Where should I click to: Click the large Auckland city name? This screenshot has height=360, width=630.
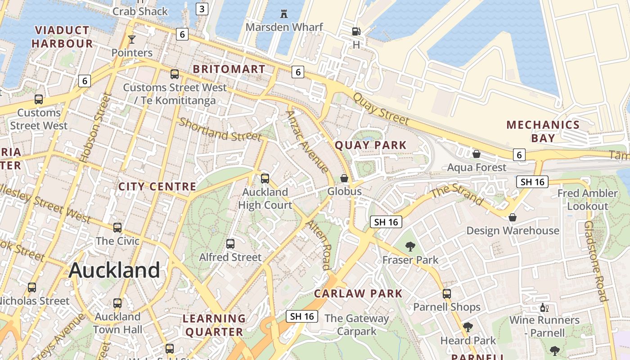[x=114, y=270]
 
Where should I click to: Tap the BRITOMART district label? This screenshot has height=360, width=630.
[x=229, y=69]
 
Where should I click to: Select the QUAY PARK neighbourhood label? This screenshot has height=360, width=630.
[x=371, y=145]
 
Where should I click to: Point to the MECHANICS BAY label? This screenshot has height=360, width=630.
[x=543, y=131]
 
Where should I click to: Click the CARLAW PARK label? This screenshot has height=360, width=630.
[x=358, y=294]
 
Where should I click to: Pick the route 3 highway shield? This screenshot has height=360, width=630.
[x=202, y=9]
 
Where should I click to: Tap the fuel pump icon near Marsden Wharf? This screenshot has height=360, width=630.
[x=356, y=31]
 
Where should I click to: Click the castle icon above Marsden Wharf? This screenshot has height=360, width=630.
[x=284, y=14]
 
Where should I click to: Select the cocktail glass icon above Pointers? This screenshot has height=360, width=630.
[x=131, y=40]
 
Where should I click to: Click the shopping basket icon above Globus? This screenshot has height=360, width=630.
[x=344, y=178]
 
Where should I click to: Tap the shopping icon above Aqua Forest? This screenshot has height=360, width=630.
[x=477, y=154]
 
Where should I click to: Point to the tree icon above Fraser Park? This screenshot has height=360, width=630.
[x=410, y=246]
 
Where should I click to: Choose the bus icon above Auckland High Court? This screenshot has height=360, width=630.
[x=265, y=179]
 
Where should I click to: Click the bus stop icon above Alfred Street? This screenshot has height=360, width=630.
[x=230, y=244]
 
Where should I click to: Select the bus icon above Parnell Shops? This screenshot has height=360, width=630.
[x=447, y=294]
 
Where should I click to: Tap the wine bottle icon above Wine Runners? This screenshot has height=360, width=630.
[x=544, y=308]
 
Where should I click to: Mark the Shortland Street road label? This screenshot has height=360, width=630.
[x=220, y=129]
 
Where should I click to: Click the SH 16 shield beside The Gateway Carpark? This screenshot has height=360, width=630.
[x=302, y=316]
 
